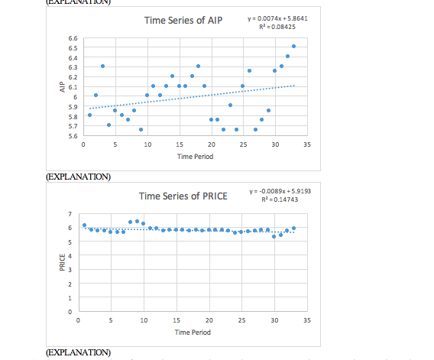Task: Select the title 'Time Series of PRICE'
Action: pos(183,196)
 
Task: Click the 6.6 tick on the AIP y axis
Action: pos(72,37)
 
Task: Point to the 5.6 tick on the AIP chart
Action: pos(72,135)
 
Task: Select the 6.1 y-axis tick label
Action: pos(72,86)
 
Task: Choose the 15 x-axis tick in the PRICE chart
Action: pos(177,319)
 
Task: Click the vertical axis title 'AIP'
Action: pos(59,87)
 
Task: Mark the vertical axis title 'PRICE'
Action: pos(59,264)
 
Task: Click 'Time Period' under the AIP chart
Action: pos(195,156)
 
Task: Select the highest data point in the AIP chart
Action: pos(293,47)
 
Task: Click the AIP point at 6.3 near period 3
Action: pos(102,66)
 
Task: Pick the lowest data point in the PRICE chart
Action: pos(274,236)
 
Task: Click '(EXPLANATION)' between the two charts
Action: pos(79,177)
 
